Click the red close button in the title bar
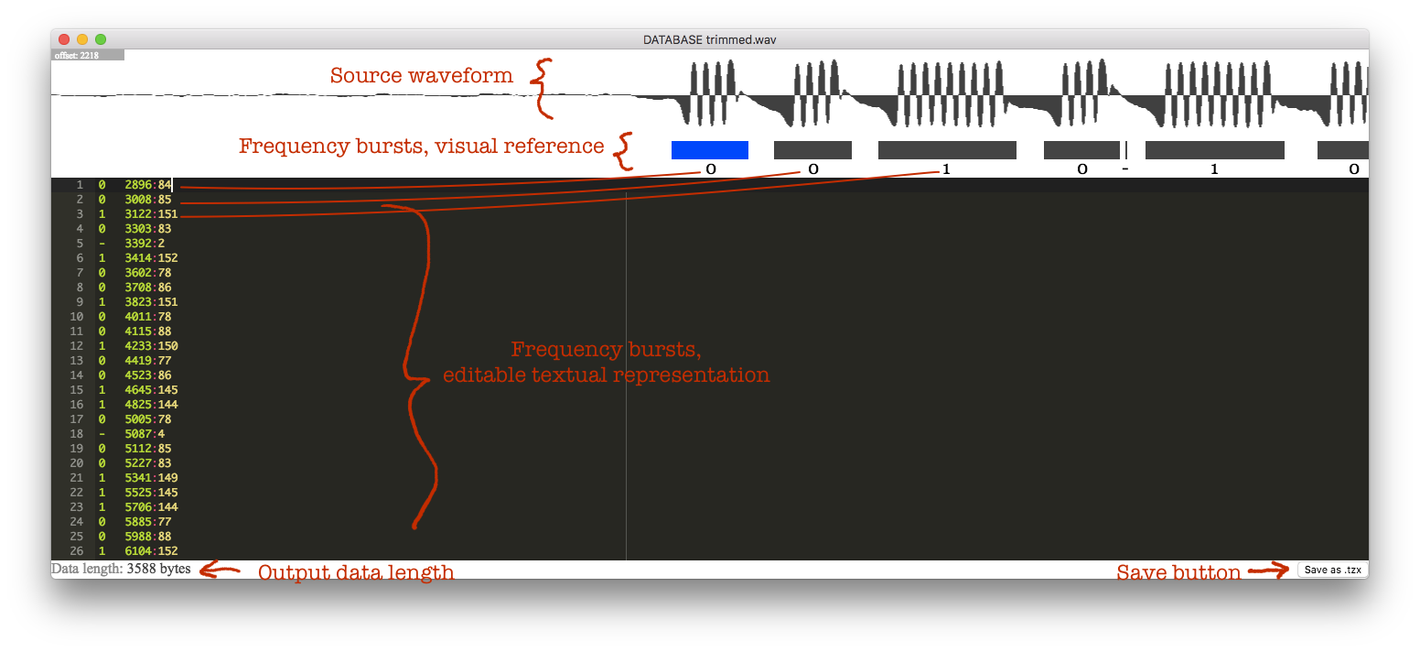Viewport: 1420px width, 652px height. [64, 39]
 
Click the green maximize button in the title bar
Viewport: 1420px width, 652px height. [101, 39]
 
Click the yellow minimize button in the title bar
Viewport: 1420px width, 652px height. [82, 39]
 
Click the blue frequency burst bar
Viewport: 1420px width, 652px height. [710, 150]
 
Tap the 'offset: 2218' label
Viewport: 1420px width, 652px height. [77, 56]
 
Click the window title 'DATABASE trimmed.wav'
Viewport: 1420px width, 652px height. [710, 39]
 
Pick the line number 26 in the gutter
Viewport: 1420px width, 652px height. [76, 551]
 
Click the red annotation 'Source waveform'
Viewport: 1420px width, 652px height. [421, 76]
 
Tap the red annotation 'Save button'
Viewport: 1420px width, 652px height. [1178, 573]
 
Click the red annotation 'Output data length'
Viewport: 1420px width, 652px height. [355, 573]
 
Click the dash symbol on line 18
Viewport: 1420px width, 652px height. [102, 434]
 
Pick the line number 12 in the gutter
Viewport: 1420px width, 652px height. [76, 346]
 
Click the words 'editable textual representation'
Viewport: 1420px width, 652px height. [606, 375]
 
